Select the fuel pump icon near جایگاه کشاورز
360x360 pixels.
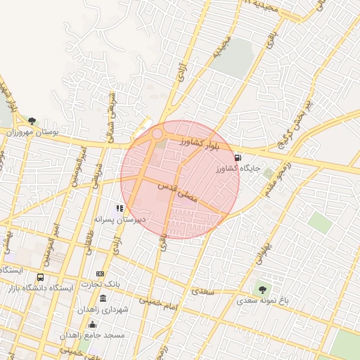[238, 157]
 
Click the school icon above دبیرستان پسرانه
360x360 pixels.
[120, 208]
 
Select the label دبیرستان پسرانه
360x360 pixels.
[121, 219]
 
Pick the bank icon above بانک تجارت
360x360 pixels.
[101, 274]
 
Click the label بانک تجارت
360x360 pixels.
[101, 284]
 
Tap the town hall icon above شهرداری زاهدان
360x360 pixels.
[103, 299]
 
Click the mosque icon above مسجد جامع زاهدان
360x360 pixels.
[93, 325]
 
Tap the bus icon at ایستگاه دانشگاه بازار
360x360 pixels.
[41, 278]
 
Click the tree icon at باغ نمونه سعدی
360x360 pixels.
[262, 289]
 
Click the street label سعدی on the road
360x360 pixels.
[203, 290]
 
